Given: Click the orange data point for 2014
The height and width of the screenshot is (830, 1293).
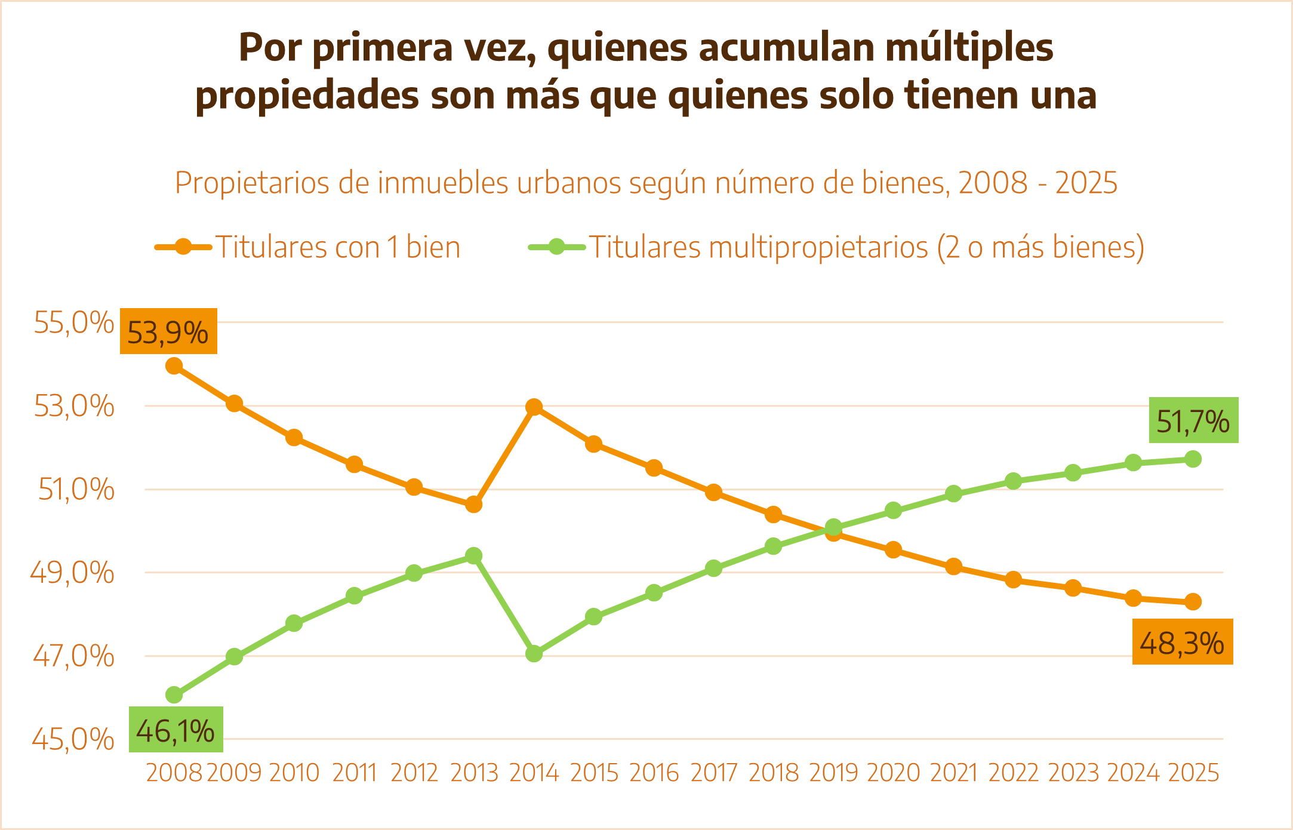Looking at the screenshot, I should [x=534, y=407].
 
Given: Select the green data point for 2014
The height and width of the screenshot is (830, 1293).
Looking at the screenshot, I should [x=534, y=654].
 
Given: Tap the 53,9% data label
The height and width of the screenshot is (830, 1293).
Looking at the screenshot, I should [x=168, y=332].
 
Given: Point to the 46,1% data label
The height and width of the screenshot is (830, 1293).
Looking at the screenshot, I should [x=176, y=730].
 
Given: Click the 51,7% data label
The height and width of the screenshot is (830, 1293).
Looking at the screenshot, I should [x=1193, y=420].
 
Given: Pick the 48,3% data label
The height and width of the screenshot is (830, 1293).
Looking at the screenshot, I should [x=1182, y=643].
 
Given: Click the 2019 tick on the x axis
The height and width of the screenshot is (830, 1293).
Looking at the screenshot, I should [x=833, y=773].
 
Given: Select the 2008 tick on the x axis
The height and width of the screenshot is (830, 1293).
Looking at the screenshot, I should [x=174, y=773].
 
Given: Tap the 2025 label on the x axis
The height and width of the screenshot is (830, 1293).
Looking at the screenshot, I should [x=1193, y=773].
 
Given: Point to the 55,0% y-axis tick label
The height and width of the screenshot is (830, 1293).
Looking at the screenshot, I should [x=73, y=323].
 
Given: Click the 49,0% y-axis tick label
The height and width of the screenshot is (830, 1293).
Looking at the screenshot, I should [x=72, y=573].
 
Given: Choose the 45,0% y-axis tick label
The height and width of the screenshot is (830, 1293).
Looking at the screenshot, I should [x=73, y=739].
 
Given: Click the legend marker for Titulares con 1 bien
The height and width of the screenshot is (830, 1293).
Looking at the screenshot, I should [x=183, y=247].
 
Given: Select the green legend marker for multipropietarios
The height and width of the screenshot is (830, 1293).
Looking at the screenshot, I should [x=556, y=247].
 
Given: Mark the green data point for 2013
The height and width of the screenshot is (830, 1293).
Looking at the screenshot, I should [x=474, y=556].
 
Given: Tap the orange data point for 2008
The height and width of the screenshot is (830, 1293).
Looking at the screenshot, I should [x=174, y=366].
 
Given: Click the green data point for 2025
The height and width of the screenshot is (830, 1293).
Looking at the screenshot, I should [x=1193, y=459].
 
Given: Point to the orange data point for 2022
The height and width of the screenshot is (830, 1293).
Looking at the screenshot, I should [x=1013, y=580].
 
